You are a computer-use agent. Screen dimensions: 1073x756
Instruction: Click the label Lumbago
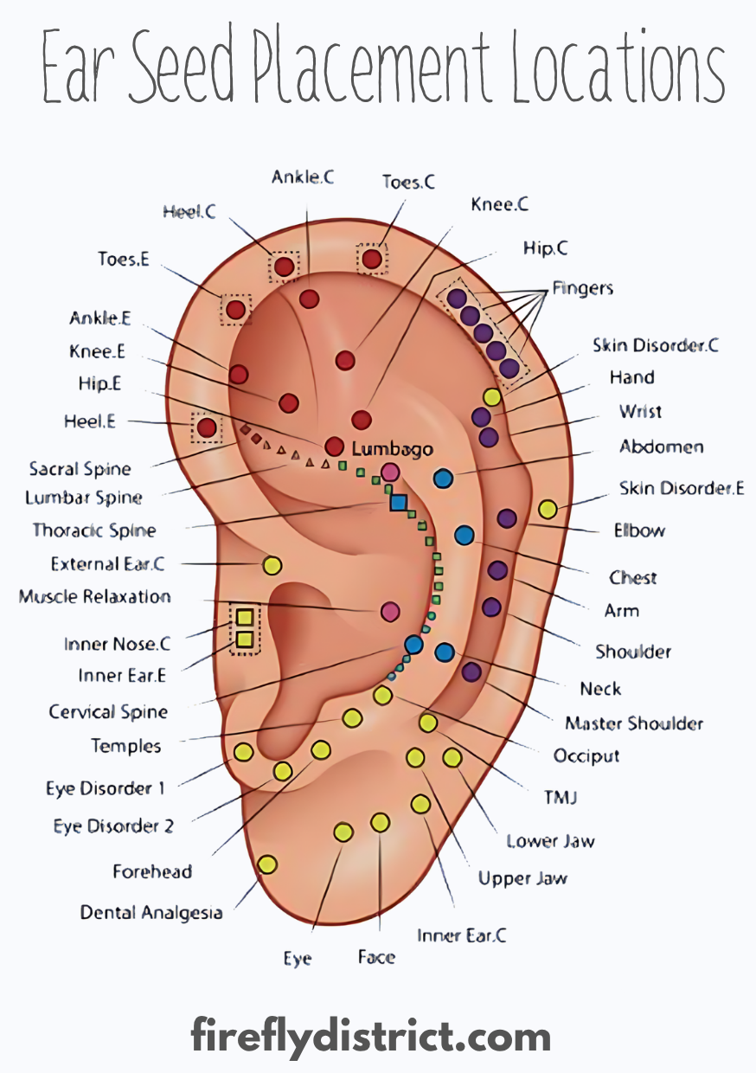tap(392, 450)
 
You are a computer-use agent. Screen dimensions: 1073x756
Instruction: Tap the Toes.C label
tap(408, 182)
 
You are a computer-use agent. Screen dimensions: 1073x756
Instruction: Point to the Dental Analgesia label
tap(151, 912)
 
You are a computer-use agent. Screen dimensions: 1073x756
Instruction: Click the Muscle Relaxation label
tap(95, 596)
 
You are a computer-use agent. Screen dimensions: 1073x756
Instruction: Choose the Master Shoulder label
tap(634, 723)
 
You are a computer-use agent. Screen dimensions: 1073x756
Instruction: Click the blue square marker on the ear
tap(399, 501)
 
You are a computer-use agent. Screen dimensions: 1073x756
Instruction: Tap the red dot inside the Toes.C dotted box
tap(372, 259)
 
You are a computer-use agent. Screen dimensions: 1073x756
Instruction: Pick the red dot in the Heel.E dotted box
tap(206, 427)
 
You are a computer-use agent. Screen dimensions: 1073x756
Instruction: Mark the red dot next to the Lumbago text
tap(334, 447)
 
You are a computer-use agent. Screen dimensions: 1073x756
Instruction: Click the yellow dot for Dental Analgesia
tap(267, 864)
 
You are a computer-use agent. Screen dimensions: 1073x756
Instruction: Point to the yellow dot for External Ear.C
tap(272, 566)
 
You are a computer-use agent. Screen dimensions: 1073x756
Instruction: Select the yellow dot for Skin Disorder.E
tap(548, 509)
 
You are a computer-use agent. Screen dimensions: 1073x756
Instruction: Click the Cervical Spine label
tap(108, 712)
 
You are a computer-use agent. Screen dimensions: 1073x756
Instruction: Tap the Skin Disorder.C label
tap(656, 344)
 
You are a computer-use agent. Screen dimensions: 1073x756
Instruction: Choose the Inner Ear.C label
tap(461, 935)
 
